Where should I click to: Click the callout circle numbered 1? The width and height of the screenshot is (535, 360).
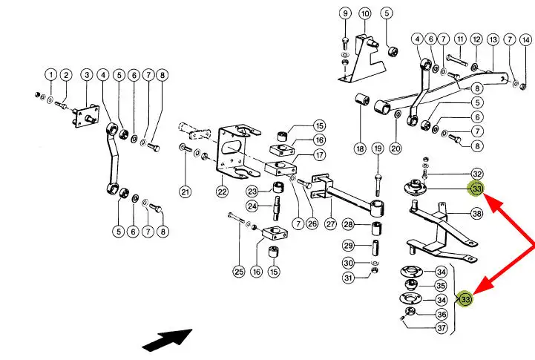pos(50,74)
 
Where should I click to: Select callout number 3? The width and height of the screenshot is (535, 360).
pos(86,74)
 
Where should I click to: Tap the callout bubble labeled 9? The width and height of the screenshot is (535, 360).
pos(345,13)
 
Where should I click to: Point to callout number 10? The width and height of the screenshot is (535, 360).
pos(364,13)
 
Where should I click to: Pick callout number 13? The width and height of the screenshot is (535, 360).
pos(493,39)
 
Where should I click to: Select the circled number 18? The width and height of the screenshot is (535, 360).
pos(360,149)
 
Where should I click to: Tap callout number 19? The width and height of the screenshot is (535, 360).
pos(378,149)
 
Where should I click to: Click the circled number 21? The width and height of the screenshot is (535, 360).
pos(185,192)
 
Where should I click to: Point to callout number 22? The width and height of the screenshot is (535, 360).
pos(222,192)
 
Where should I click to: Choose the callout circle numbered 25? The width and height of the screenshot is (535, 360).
pos(238,272)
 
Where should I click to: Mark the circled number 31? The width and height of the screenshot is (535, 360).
pos(349,278)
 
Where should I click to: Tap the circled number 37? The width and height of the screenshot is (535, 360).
pos(441,328)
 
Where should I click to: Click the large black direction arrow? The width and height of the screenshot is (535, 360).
pos(167,340)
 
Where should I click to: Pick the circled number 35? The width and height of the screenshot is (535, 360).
pos(441,285)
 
